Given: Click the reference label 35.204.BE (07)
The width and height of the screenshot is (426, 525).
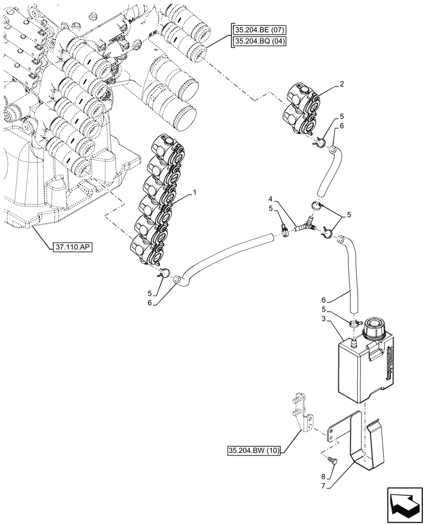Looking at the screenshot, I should (258, 31).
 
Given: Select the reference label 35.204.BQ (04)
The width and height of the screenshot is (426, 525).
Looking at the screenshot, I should (258, 41).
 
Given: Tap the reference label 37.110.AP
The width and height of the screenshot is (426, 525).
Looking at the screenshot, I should (72, 246).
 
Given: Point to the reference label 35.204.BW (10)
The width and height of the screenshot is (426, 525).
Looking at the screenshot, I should (254, 450).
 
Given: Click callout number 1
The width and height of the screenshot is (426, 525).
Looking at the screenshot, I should (194, 193).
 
